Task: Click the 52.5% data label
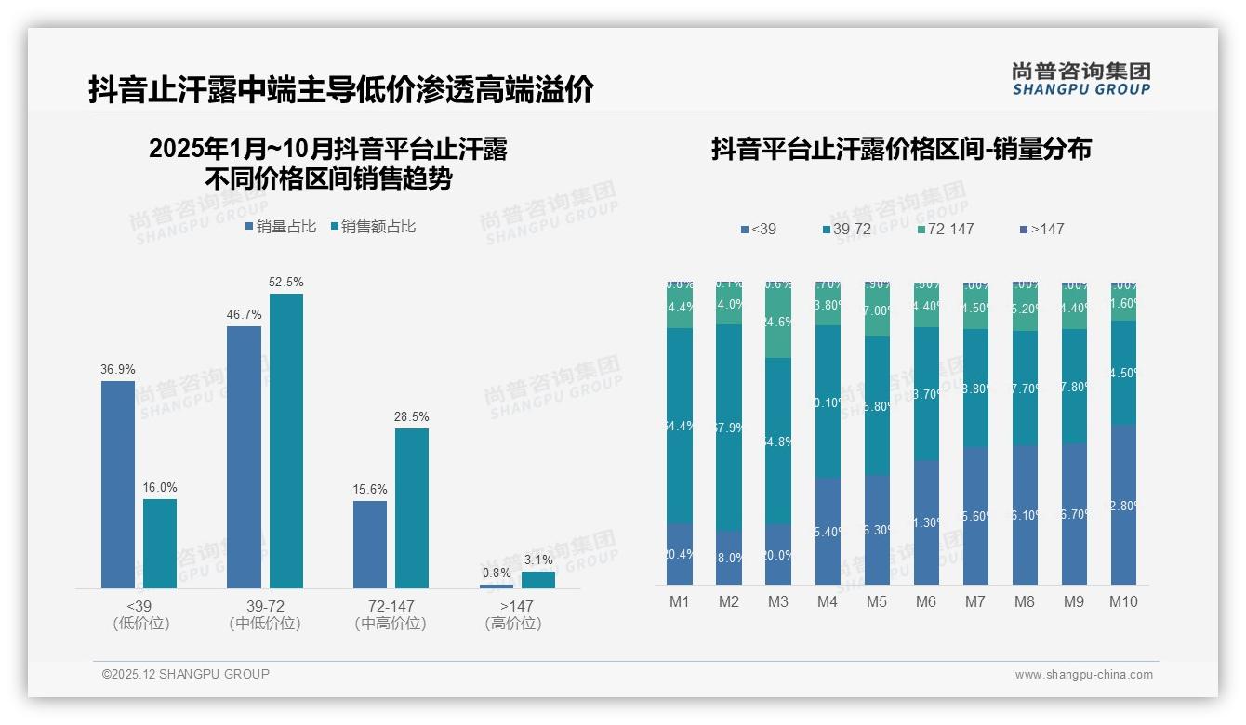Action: (x=285, y=282)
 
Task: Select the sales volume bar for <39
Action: (x=118, y=483)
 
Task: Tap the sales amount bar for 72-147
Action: (x=412, y=507)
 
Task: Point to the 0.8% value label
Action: (x=497, y=573)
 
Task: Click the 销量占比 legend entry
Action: (x=280, y=226)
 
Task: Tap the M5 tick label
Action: (x=877, y=601)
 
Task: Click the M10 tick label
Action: (x=1123, y=601)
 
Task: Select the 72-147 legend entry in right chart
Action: (x=945, y=229)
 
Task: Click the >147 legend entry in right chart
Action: (x=1041, y=229)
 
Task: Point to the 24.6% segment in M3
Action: (x=778, y=323)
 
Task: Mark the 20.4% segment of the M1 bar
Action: (x=680, y=554)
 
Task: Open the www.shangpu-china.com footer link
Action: (x=1083, y=675)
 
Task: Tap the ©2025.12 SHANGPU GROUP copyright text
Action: (x=186, y=674)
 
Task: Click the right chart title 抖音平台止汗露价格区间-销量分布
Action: (x=901, y=149)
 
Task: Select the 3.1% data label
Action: (x=538, y=560)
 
